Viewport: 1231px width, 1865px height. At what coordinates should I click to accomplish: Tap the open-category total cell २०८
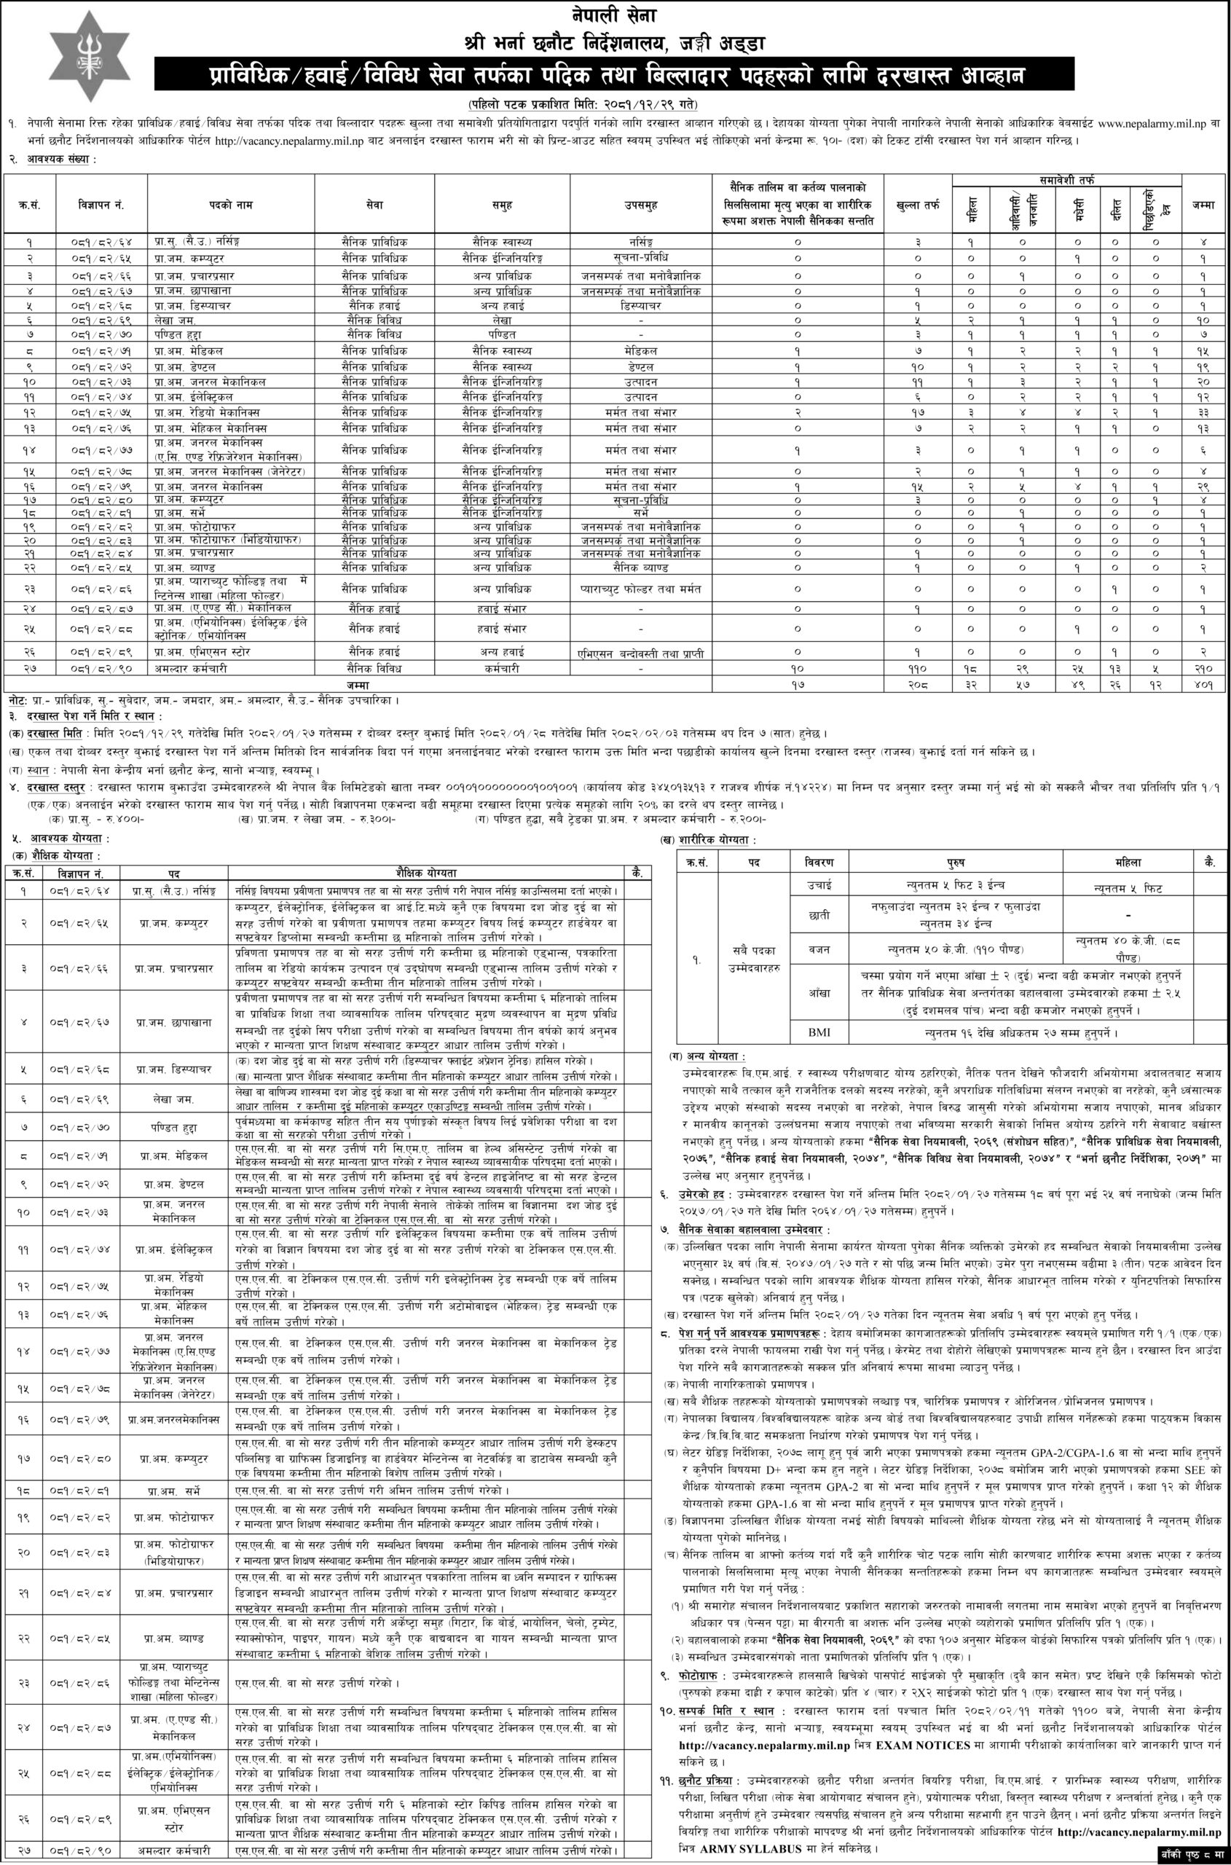[917, 685]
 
